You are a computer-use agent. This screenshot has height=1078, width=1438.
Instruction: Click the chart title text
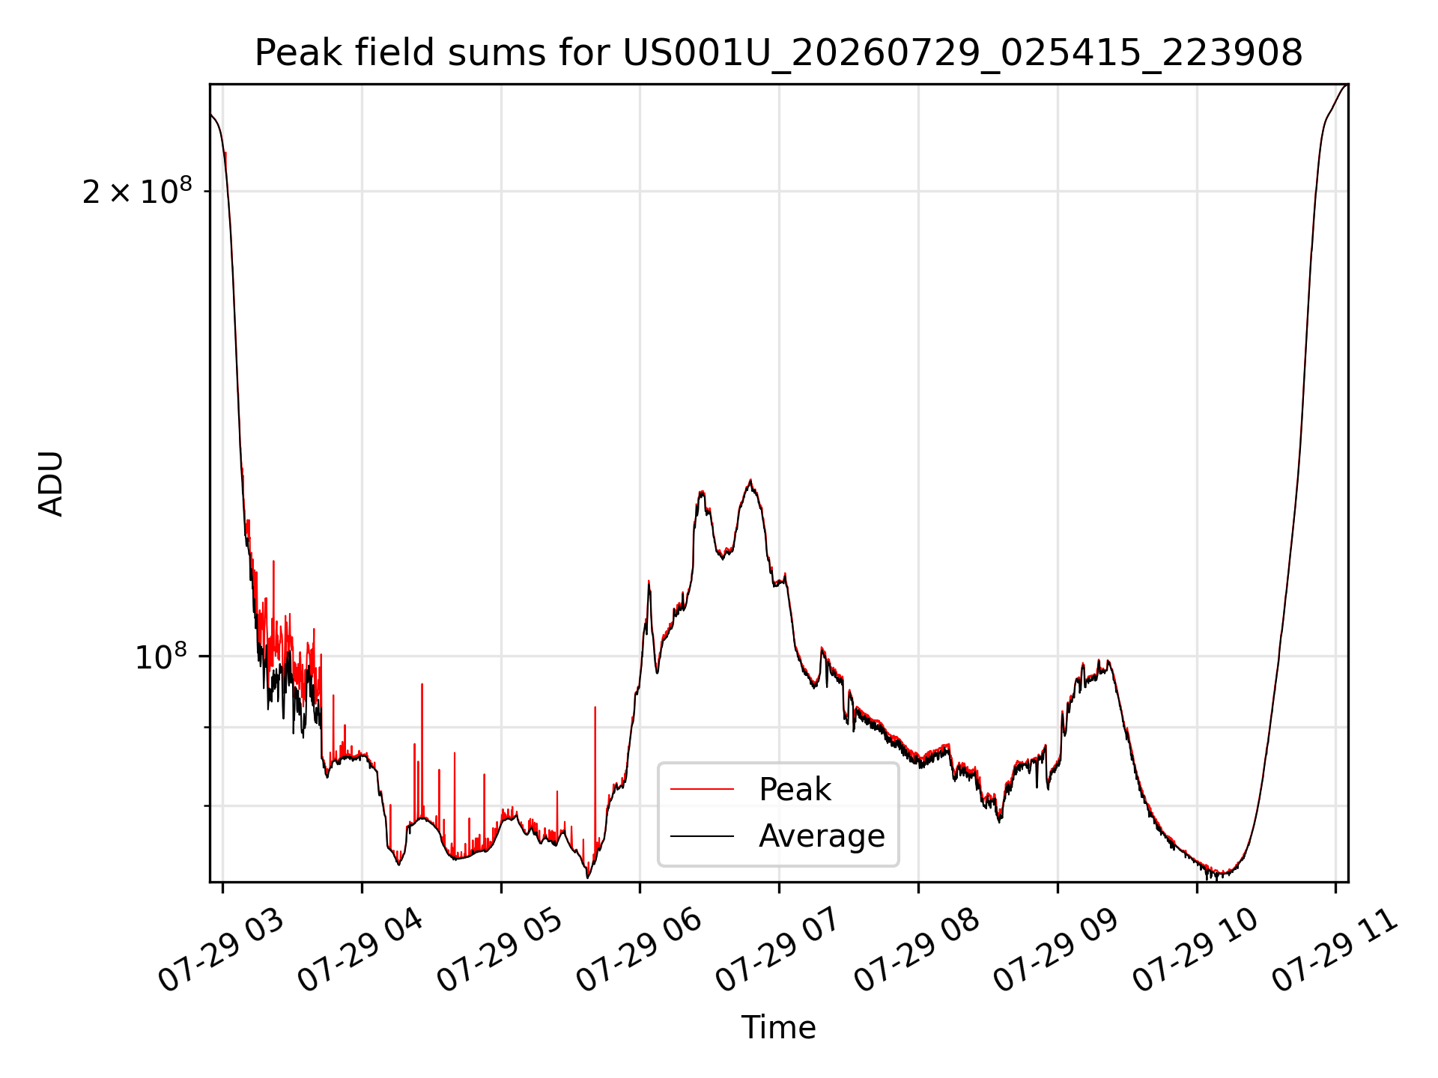[x=779, y=53]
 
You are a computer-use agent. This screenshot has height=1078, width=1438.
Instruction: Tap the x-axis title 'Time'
[x=778, y=1028]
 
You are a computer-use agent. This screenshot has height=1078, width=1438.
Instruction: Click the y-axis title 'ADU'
[x=51, y=484]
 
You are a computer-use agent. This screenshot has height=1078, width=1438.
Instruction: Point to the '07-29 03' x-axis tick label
[x=222, y=951]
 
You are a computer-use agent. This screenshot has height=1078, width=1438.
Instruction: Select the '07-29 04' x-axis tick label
[x=361, y=951]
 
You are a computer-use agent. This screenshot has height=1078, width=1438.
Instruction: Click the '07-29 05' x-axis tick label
[x=500, y=951]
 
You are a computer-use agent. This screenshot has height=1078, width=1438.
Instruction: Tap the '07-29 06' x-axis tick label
[x=639, y=951]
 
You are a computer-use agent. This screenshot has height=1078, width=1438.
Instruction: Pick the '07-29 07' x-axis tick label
[x=778, y=951]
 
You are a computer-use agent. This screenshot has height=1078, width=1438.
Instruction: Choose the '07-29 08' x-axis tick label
[x=917, y=951]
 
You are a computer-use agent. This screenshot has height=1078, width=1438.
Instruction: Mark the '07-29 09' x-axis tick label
[x=1056, y=951]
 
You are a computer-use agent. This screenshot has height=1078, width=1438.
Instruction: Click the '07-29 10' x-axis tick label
[x=1195, y=951]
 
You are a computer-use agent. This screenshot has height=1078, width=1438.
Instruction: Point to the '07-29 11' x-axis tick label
[x=1335, y=951]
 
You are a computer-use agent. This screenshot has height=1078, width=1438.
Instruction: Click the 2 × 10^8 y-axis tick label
[x=137, y=191]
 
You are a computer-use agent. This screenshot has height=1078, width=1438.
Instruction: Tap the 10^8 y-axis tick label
[x=161, y=657]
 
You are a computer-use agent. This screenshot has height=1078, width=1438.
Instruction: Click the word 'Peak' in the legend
[x=795, y=789]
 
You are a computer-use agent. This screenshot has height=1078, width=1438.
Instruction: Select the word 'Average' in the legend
[x=822, y=835]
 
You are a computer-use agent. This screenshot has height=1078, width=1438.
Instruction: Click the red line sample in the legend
[x=702, y=789]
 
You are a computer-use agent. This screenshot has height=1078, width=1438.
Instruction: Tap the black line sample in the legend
[x=702, y=835]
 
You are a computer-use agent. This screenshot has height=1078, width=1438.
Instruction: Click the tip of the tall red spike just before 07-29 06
[x=595, y=707]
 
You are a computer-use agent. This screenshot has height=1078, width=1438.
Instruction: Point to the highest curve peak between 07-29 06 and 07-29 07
[x=750, y=480]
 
